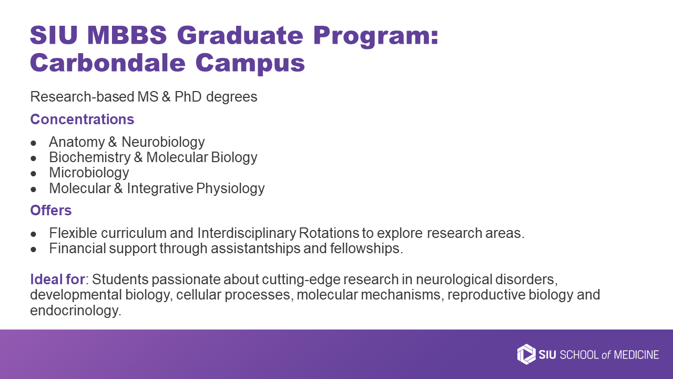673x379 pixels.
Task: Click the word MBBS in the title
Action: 127,35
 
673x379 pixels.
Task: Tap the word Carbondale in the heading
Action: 108,63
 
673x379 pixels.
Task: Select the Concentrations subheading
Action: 82,119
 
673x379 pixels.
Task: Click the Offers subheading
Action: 51,210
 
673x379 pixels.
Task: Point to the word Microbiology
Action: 89,173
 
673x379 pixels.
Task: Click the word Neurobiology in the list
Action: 163,142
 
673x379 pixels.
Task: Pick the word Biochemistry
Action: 90,157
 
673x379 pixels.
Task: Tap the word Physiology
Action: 230,188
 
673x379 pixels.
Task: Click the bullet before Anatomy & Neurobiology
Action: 33,143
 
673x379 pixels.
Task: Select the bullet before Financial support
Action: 33,250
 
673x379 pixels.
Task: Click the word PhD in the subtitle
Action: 188,97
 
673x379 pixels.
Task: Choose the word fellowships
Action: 366,249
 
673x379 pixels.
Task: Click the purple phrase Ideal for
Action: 57,280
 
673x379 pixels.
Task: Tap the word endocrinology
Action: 76,311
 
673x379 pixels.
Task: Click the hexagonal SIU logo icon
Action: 526,354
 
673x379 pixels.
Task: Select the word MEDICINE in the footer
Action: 636,355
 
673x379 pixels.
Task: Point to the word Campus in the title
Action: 250,63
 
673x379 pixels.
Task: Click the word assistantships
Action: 256,249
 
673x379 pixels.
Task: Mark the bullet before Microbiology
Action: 33,174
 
